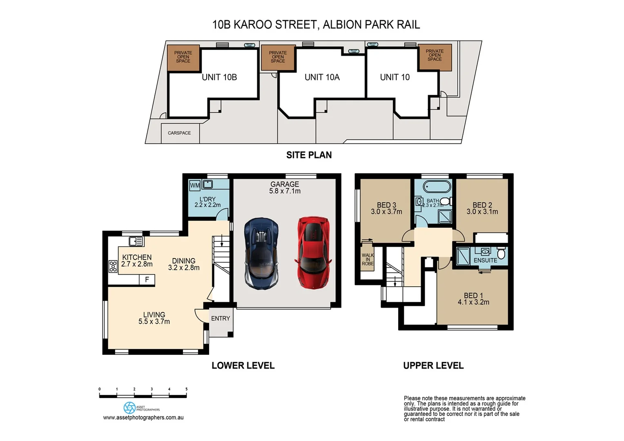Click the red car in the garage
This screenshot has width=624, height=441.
(312, 252)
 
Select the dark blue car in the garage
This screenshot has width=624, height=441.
(261, 254)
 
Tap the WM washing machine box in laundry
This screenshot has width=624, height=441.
(195, 185)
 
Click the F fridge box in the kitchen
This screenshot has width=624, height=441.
(147, 280)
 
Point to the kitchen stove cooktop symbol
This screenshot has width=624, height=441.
(113, 266)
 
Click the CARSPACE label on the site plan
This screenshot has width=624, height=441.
(179, 133)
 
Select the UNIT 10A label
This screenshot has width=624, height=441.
(322, 77)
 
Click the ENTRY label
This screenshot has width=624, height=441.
(221, 318)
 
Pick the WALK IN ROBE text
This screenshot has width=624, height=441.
(368, 259)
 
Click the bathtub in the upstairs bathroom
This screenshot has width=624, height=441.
(437, 187)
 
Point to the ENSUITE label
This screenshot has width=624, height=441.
(485, 261)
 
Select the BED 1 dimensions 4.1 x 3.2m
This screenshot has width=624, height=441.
(473, 303)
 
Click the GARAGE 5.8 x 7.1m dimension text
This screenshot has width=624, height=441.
(285, 191)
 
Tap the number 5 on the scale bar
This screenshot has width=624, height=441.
(187, 389)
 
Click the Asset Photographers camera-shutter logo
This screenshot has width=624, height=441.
(129, 408)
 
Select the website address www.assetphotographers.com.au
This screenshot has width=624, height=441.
(143, 418)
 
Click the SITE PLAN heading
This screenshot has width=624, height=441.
(309, 155)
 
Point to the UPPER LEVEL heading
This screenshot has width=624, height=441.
(433, 366)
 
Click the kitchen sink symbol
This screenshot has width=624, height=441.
(136, 242)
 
